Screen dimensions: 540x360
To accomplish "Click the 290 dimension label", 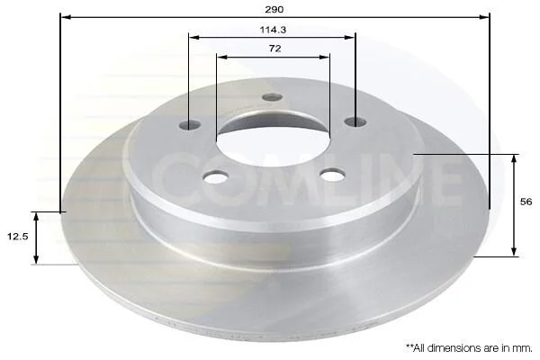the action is tap(274, 9).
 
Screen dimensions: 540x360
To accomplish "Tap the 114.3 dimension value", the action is tap(273, 30).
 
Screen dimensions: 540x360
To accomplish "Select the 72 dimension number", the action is tap(274, 49).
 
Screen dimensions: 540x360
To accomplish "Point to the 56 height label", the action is tap(526, 202).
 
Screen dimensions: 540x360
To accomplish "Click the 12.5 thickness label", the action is tap(18, 237).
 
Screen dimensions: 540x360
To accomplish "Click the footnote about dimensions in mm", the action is tap(469, 348).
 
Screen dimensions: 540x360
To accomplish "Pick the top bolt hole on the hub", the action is tap(272, 97).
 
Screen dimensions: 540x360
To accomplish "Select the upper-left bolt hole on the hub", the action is tap(190, 124).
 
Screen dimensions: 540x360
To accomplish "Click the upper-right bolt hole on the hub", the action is tap(355, 121).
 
